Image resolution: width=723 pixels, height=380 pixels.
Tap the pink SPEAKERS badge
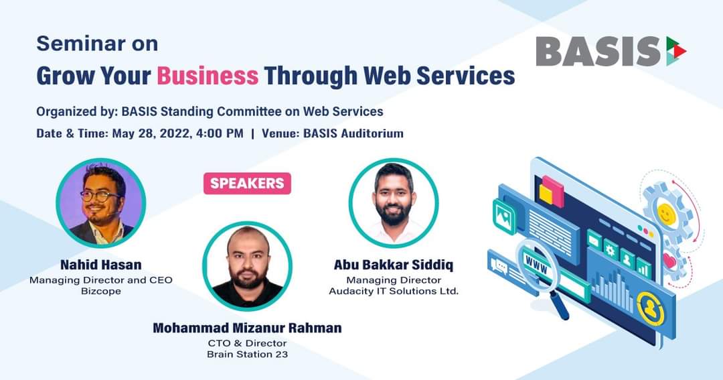(247, 184)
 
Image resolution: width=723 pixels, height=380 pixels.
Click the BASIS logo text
(598, 51)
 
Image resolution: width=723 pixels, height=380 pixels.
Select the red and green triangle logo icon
(676, 51)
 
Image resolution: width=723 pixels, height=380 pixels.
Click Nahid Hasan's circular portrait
(101, 202)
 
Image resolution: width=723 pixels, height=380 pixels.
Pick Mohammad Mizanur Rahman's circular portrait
(247, 266)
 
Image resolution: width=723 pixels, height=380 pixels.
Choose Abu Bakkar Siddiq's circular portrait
(394, 202)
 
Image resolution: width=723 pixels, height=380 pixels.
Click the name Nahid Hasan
(101, 265)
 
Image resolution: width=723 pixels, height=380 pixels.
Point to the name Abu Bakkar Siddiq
(394, 265)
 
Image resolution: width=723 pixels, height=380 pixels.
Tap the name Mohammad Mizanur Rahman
(247, 328)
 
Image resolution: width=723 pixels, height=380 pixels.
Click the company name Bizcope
(101, 292)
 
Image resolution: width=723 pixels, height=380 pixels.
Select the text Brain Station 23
(247, 355)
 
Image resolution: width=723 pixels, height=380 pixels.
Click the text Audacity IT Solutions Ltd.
(394, 292)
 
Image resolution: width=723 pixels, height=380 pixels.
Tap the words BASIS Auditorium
(353, 133)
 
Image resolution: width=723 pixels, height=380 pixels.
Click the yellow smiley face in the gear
(665, 214)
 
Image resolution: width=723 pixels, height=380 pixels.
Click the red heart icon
(669, 261)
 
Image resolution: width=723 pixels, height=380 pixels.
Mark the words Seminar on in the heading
(97, 44)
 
